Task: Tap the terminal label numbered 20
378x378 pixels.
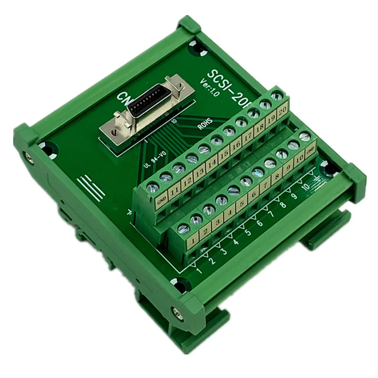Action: pos(283,112)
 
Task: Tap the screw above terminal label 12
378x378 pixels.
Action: pos(179,168)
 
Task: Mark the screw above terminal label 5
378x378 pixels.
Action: pos(233,190)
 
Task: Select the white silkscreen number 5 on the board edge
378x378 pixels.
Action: pos(248,232)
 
